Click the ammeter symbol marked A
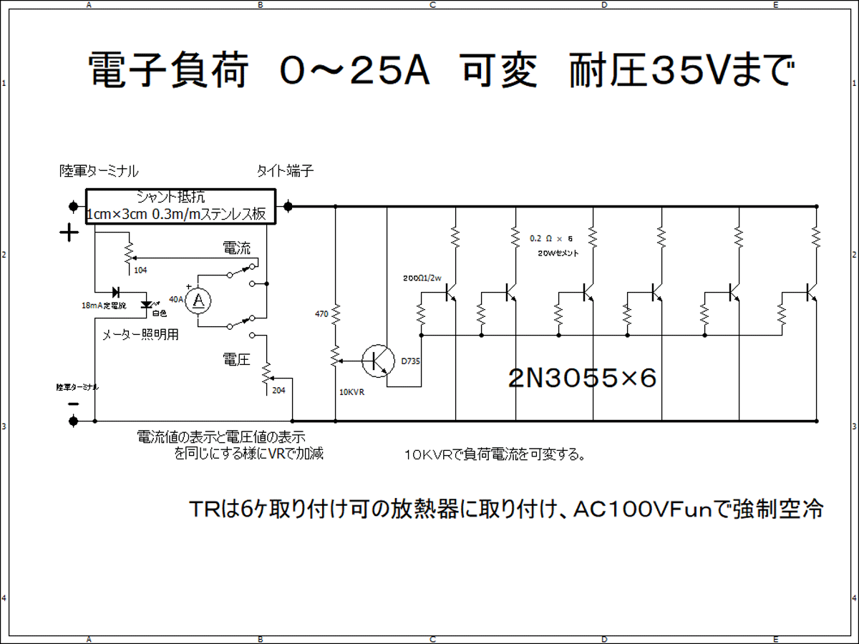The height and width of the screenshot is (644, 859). tap(199, 302)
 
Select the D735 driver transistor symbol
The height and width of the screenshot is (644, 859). tap(377, 360)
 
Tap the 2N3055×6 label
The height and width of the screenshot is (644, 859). tap(582, 377)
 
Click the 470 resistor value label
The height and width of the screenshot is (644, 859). tap(321, 313)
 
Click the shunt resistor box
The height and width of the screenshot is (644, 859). tap(180, 207)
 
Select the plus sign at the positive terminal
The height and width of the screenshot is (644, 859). tap(69, 233)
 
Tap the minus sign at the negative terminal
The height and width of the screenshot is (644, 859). tap(72, 404)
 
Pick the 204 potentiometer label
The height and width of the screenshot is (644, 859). tap(280, 390)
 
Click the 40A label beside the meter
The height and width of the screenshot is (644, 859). tap(175, 299)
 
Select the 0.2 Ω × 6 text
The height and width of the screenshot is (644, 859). tap(552, 238)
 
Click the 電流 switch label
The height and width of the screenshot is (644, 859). tap(237, 249)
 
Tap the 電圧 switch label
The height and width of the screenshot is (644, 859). tap(236, 359)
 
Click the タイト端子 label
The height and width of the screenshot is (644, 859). tap(285, 172)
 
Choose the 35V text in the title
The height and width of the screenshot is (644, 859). tap(686, 71)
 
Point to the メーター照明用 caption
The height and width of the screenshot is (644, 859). tap(140, 334)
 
